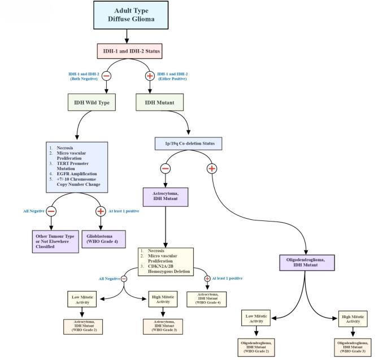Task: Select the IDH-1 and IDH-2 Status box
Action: (x=129, y=51)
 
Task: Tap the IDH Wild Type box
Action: (x=92, y=103)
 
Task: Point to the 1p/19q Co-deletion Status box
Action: (x=189, y=143)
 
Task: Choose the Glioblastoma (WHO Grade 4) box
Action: (x=103, y=237)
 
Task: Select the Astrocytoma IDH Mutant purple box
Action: (x=166, y=197)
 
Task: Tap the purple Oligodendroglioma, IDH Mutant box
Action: (x=306, y=262)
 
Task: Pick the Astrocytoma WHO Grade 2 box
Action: (x=84, y=326)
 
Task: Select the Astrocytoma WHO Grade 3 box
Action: (x=163, y=326)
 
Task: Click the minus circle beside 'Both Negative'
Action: (x=106, y=76)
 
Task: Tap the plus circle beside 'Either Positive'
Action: (x=150, y=76)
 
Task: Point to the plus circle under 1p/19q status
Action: (x=212, y=168)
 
